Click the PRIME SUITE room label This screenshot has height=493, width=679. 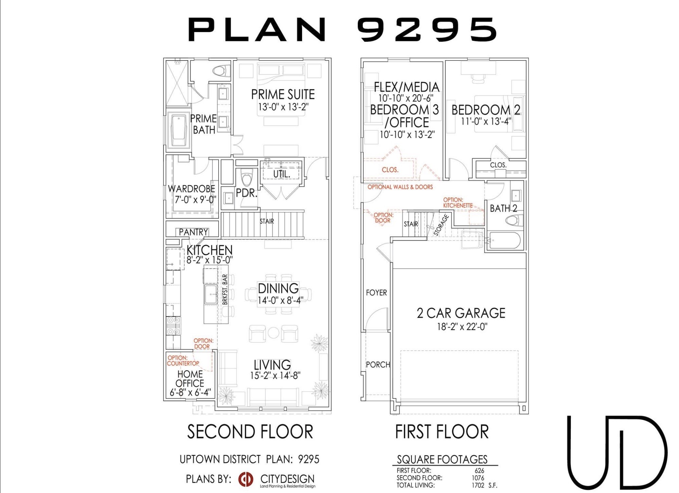pos(283,95)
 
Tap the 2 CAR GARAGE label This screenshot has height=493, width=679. pos(461,313)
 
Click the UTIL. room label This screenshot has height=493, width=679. pos(281,174)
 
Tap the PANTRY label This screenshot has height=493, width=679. pos(193,232)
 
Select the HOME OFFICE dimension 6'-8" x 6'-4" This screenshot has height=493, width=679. pos(190,392)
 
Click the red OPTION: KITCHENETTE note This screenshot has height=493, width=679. pos(458,203)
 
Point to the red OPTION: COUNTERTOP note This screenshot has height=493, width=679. pos(183,360)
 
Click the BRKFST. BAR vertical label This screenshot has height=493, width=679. pos(225,290)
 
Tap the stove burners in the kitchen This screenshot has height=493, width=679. pos(173,326)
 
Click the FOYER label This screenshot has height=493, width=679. pos(376,293)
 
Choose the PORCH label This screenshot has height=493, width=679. pos(378,365)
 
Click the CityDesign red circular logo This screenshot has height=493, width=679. pos(245,479)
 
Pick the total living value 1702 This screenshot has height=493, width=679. pos(478,486)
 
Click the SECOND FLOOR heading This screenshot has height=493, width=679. pos(250,432)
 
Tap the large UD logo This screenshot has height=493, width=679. pos(617,452)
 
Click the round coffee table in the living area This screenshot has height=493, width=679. pos(274,333)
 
